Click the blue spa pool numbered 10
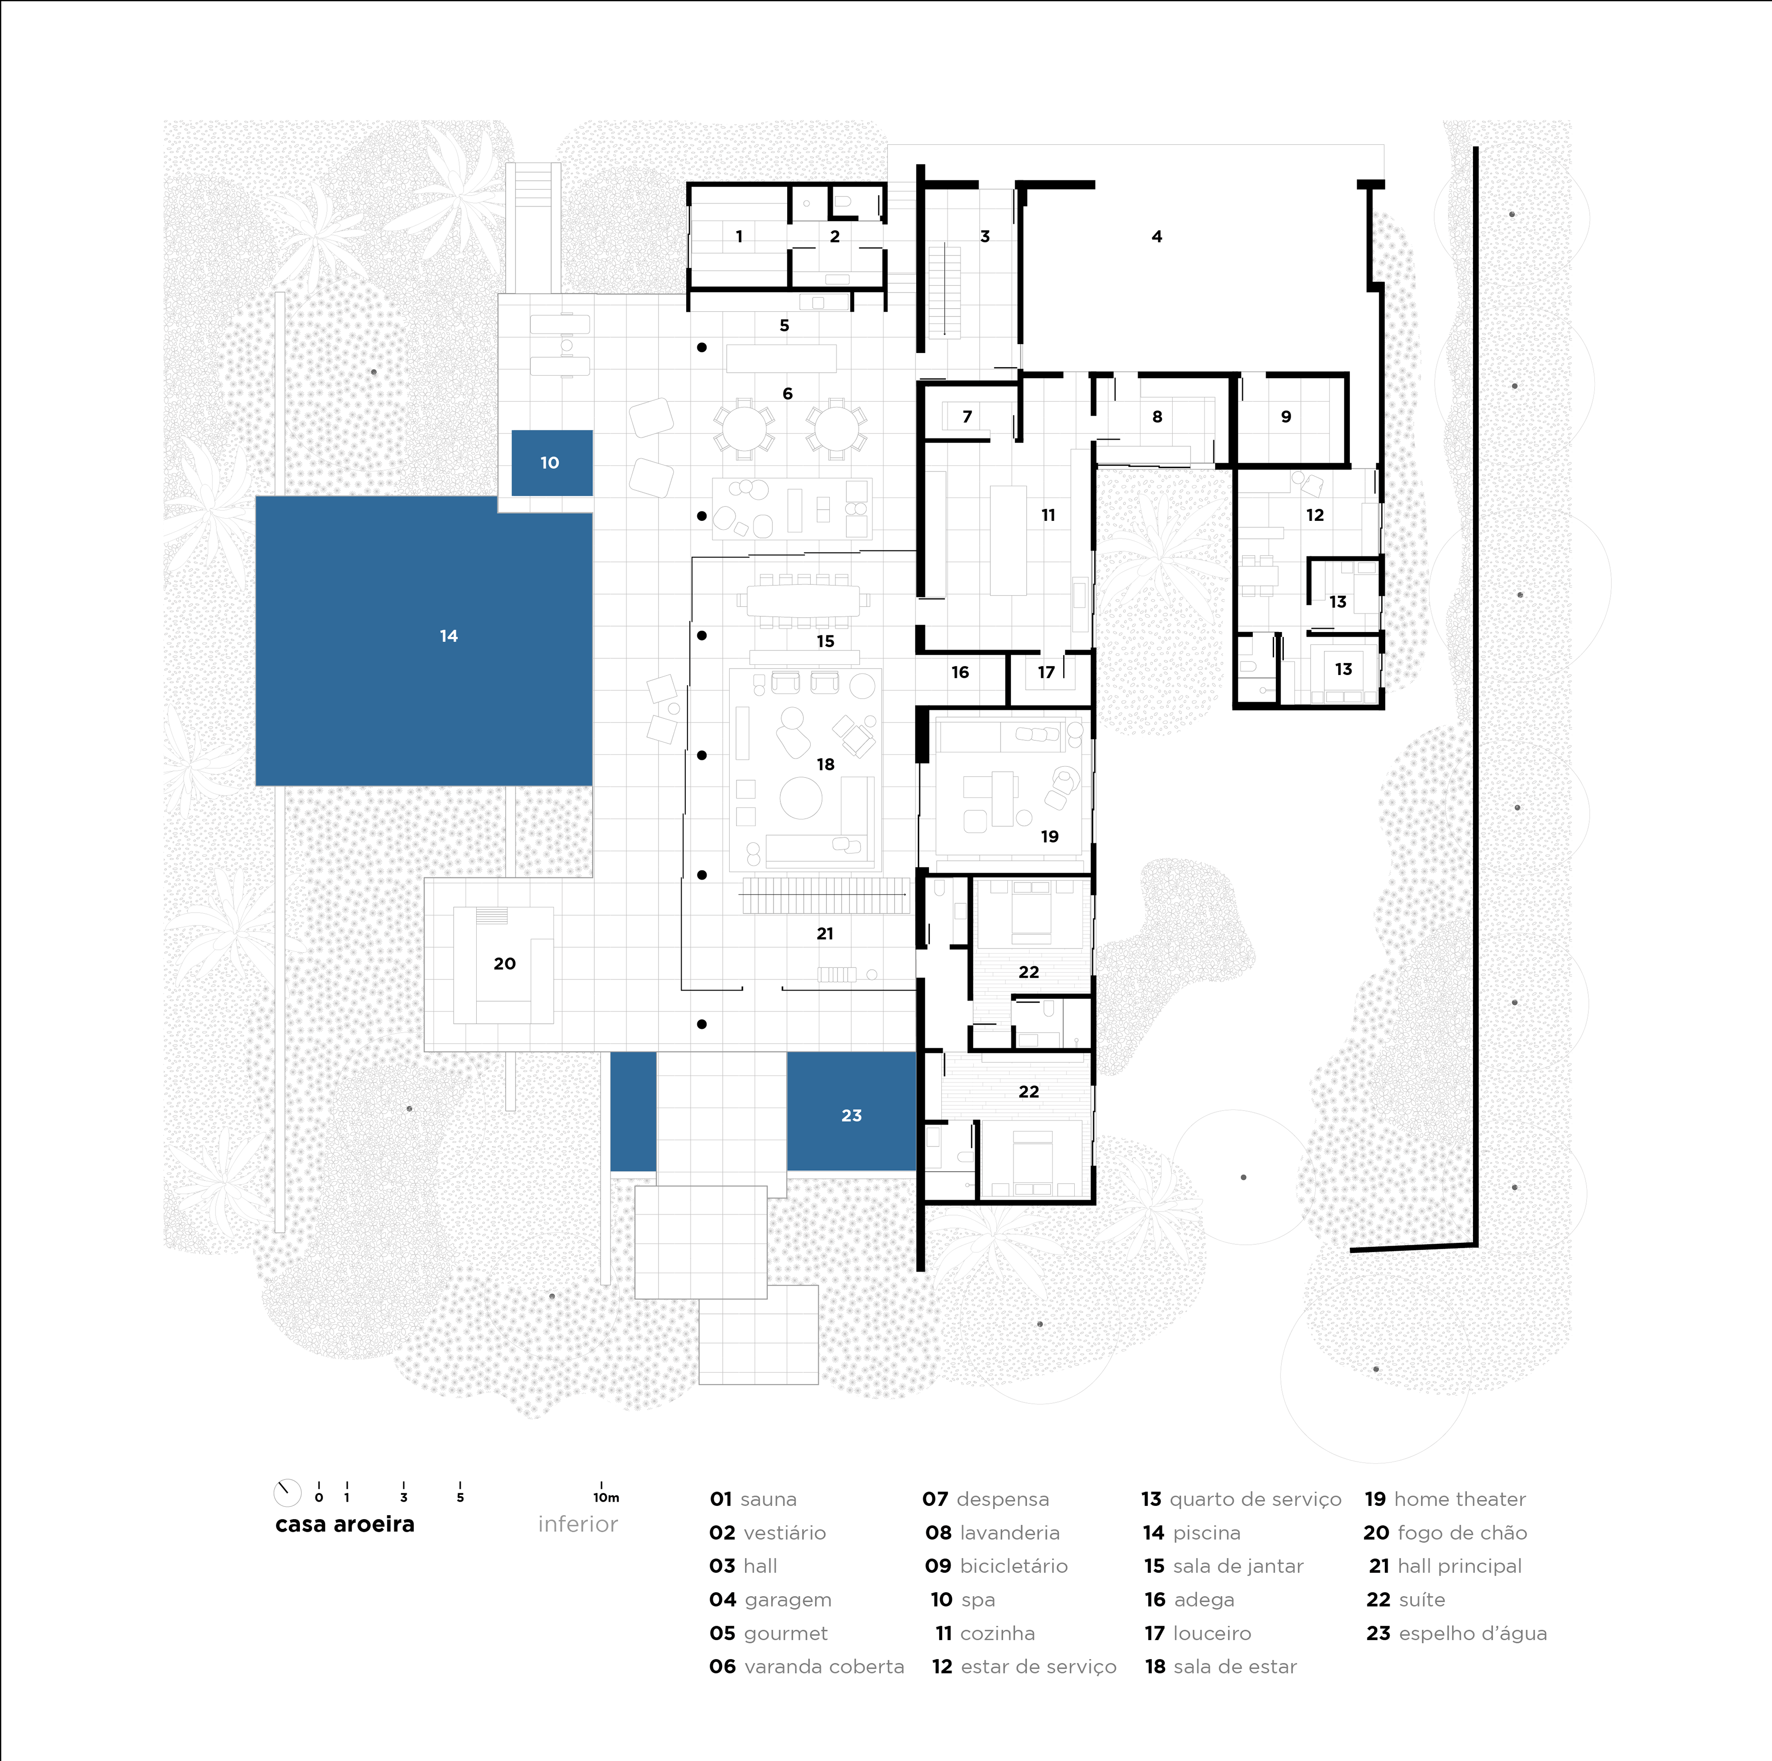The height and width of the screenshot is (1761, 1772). [551, 462]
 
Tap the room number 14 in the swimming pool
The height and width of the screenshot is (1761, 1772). [449, 636]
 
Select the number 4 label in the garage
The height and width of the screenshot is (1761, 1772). [1156, 237]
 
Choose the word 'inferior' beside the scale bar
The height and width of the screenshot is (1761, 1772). [578, 1524]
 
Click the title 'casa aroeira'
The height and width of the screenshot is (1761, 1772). [345, 1524]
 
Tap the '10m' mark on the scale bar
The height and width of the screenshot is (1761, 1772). [605, 1498]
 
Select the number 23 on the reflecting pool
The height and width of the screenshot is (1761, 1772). [851, 1115]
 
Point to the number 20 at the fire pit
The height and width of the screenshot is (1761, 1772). [504, 963]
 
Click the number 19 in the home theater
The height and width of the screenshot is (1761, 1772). [1049, 836]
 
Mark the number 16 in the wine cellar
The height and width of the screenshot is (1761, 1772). [959, 672]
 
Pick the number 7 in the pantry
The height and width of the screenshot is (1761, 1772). [967, 417]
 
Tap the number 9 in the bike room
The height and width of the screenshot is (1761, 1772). [1286, 417]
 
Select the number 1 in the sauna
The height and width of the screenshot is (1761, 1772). [739, 237]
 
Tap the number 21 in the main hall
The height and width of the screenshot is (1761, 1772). [825, 934]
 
